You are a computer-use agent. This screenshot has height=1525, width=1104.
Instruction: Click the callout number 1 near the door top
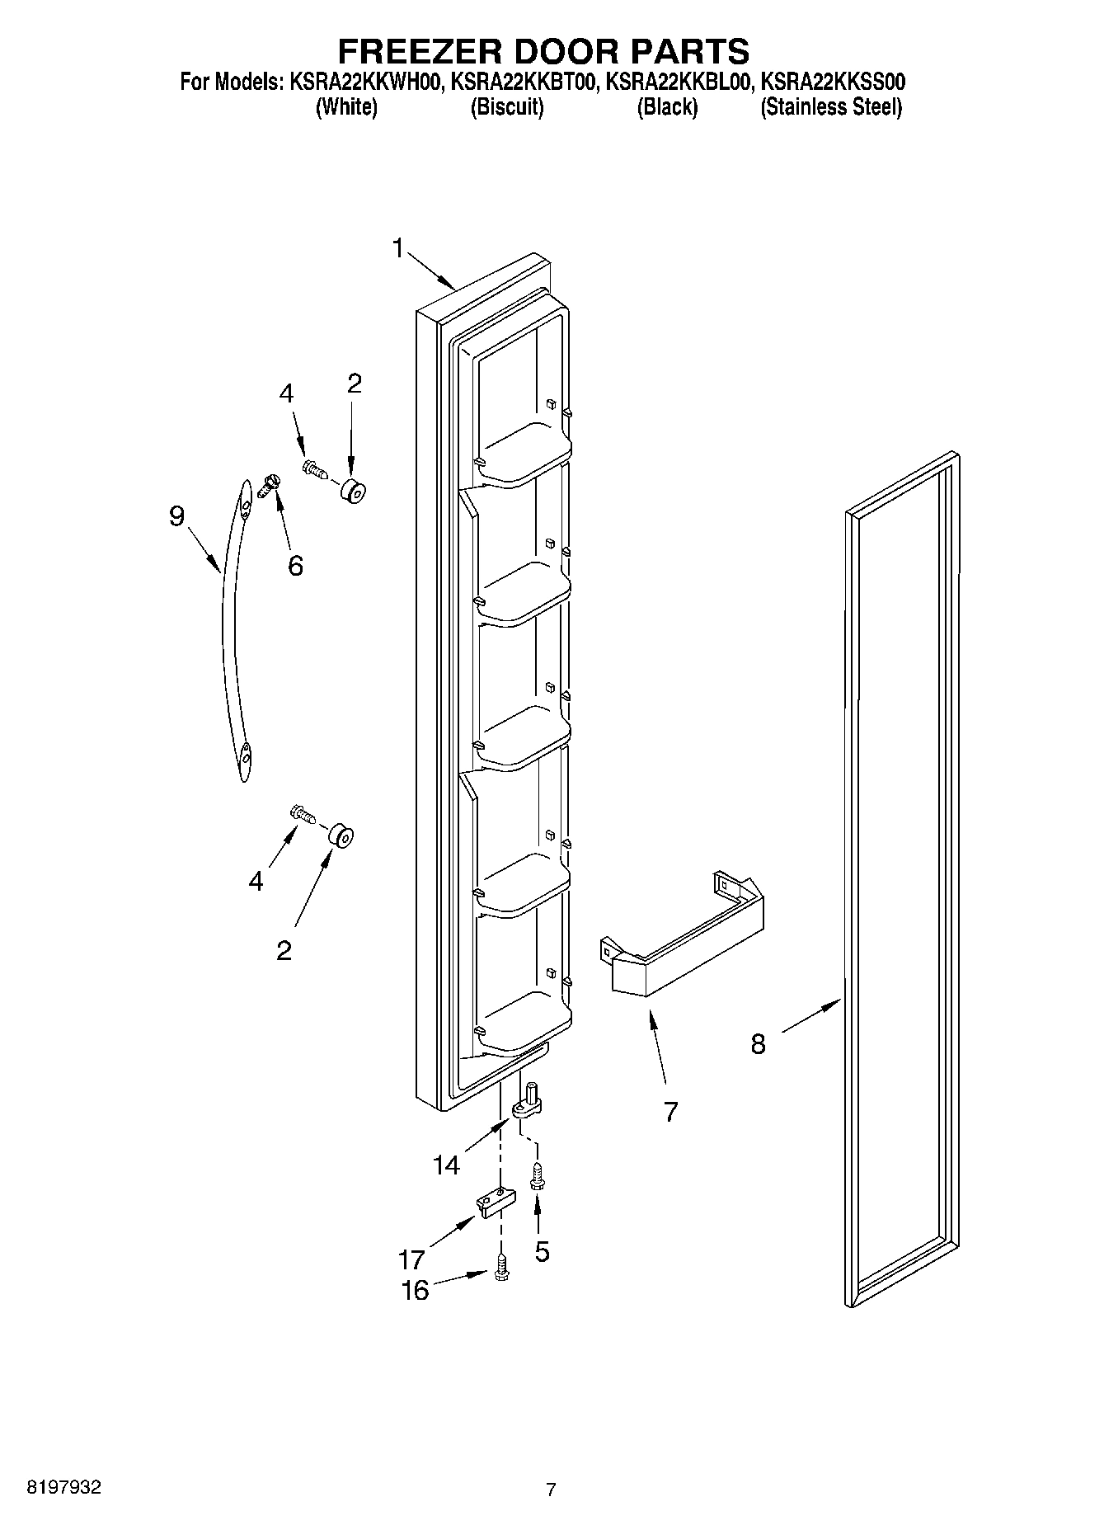[399, 247]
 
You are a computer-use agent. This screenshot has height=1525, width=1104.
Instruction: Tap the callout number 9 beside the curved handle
[176, 516]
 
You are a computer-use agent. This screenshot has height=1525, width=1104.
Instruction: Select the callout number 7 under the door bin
[670, 1111]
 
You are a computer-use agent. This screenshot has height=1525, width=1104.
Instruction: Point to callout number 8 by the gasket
[758, 1044]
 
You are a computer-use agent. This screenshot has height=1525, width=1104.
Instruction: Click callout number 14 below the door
[446, 1165]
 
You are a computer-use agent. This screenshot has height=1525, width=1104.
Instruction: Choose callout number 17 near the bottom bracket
[411, 1259]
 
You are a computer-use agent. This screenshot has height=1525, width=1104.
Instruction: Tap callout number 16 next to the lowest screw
[415, 1290]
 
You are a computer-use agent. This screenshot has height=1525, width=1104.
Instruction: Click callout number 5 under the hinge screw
[542, 1251]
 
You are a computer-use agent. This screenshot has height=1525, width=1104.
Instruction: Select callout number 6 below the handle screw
[295, 566]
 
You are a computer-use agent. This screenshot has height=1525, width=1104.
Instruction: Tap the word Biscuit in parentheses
[506, 107]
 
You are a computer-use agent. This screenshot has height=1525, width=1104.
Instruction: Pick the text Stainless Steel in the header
[831, 107]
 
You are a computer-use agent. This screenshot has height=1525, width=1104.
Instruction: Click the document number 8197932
[64, 1487]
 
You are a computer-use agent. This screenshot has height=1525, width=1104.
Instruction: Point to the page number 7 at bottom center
[551, 1490]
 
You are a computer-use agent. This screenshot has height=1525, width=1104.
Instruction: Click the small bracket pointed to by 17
[493, 1201]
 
